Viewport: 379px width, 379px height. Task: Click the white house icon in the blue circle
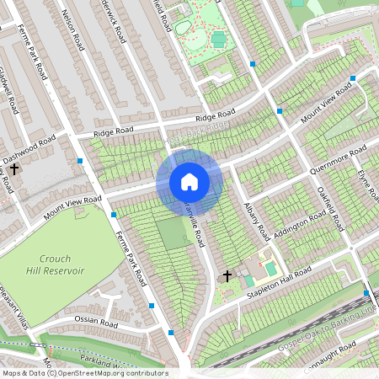pyautogui.click(x=189, y=181)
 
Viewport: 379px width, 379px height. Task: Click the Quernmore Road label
pyautogui.click(x=338, y=159)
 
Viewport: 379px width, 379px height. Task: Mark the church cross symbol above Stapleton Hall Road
pyautogui.click(x=227, y=275)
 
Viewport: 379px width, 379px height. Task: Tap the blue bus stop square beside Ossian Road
pyautogui.click(x=152, y=305)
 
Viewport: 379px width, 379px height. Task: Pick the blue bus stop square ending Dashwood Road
pyautogui.click(x=79, y=160)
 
